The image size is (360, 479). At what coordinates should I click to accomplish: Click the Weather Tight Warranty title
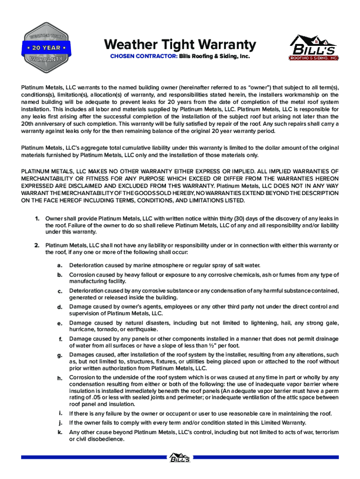(x=180, y=45)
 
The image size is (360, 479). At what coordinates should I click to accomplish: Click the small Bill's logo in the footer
(x=180, y=457)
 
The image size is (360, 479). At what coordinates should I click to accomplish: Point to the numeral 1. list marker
(x=36, y=218)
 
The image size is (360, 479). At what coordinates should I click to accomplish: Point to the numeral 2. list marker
(x=36, y=246)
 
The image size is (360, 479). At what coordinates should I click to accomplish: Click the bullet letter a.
(x=60, y=265)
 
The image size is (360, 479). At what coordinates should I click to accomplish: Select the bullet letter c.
(x=60, y=291)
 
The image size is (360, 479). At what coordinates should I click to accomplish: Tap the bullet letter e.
(x=60, y=323)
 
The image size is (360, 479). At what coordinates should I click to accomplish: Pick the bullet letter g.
(x=60, y=356)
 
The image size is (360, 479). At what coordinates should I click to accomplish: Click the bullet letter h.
(x=60, y=377)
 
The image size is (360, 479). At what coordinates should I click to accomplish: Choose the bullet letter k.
(x=60, y=433)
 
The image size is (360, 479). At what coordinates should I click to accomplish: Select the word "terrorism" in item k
(x=325, y=433)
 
